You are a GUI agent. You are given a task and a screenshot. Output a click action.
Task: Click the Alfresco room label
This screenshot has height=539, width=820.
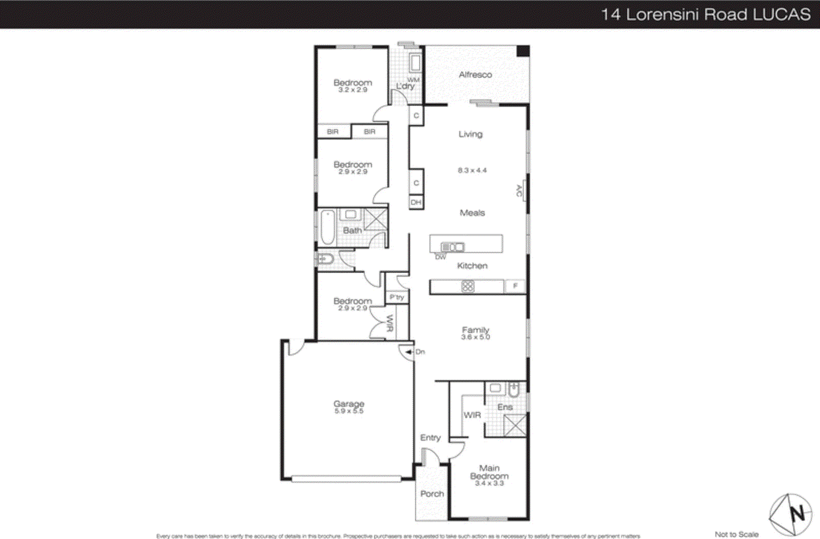click(475, 75)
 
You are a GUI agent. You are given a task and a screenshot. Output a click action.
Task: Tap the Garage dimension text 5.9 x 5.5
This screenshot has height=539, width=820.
click(348, 411)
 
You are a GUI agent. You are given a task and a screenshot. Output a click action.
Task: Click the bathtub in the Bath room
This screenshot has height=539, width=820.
click(327, 227)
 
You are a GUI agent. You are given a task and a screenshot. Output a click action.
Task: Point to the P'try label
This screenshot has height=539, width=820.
click(397, 297)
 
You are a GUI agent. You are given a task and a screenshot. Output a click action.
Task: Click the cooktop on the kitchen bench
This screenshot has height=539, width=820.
click(467, 286)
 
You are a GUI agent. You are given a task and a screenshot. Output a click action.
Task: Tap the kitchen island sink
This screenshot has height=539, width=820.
click(453, 247)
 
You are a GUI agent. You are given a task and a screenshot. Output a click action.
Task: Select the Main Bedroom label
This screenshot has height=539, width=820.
click(489, 472)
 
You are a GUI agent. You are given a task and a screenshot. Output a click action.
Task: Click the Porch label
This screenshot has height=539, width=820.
click(432, 494)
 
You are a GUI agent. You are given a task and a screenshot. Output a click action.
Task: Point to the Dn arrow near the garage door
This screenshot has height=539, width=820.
click(409, 352)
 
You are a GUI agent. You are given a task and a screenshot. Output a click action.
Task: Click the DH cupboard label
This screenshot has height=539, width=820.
click(416, 202)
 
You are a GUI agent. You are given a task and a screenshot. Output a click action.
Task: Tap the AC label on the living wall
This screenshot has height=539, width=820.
click(519, 191)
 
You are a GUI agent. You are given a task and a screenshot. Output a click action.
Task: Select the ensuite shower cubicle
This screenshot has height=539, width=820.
click(515, 425)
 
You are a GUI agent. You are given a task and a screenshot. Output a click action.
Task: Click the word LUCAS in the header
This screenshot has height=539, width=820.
click(781, 14)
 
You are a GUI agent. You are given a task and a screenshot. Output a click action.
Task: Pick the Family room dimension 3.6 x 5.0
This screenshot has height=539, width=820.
click(476, 337)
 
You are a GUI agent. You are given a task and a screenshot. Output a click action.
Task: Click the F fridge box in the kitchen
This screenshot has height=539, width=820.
click(515, 286)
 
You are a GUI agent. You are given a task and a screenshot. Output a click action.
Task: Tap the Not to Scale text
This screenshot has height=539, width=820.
click(736, 534)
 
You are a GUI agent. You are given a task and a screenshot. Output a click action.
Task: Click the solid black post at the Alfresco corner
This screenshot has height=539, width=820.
click(523, 51)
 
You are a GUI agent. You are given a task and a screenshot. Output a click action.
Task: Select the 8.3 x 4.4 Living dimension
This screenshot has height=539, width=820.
click(472, 170)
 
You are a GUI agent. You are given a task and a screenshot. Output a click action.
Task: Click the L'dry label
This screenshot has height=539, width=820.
click(405, 86)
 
